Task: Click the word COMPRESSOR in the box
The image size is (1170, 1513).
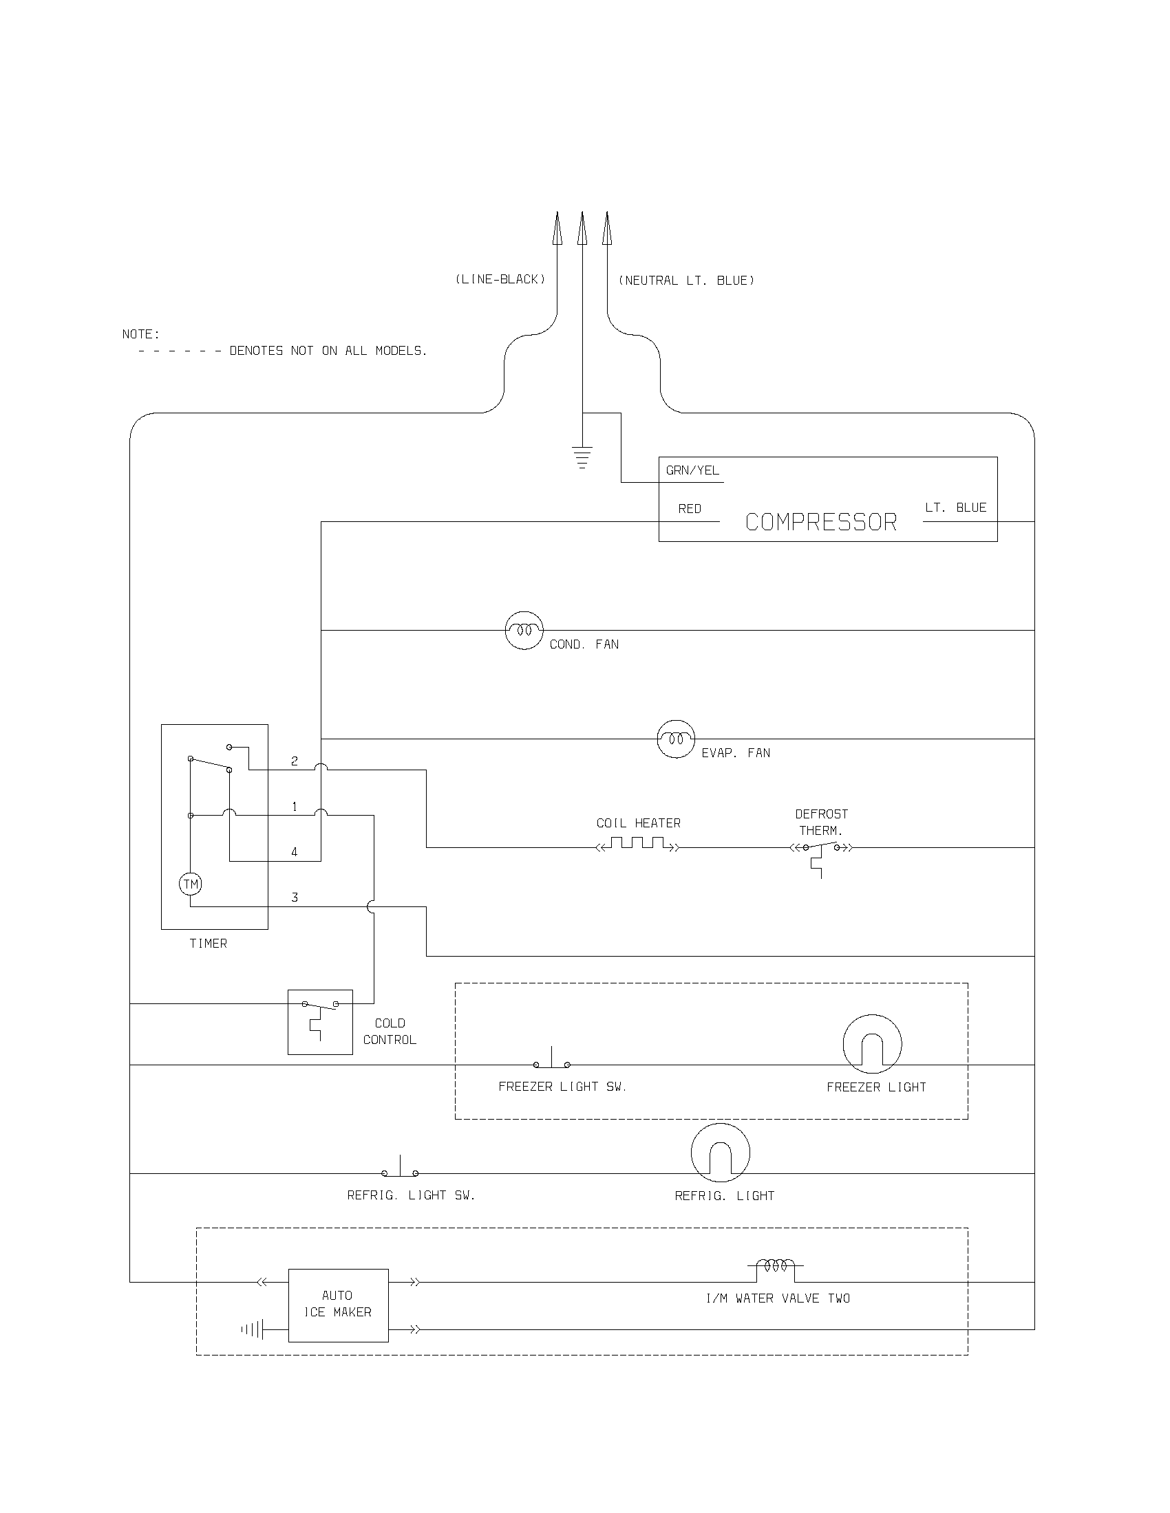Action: click(x=820, y=523)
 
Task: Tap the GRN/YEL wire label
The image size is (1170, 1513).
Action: click(x=692, y=470)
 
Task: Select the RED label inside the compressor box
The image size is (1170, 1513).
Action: click(x=689, y=509)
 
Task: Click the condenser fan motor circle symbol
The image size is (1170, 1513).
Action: click(x=524, y=631)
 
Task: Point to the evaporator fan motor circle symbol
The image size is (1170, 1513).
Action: click(x=676, y=739)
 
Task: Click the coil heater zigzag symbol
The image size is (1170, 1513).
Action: click(x=638, y=844)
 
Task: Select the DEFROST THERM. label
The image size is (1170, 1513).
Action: click(x=821, y=823)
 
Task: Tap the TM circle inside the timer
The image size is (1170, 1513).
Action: click(x=191, y=884)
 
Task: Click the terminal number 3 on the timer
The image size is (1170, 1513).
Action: click(x=295, y=897)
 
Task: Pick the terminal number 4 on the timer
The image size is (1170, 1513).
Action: click(x=295, y=853)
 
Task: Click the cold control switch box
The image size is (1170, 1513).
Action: click(x=320, y=1023)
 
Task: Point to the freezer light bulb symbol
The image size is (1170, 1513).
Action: click(x=872, y=1044)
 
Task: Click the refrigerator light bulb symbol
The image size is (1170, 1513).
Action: click(x=720, y=1153)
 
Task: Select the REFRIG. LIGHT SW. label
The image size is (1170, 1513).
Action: click(x=411, y=1196)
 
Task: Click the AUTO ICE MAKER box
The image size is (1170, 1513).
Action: click(x=338, y=1305)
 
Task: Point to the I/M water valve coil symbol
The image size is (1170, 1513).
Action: click(x=775, y=1265)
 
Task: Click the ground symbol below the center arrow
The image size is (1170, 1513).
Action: click(x=582, y=458)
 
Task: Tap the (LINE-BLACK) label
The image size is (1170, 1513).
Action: click(x=500, y=279)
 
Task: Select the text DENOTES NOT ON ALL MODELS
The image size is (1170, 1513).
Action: click(x=328, y=351)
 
